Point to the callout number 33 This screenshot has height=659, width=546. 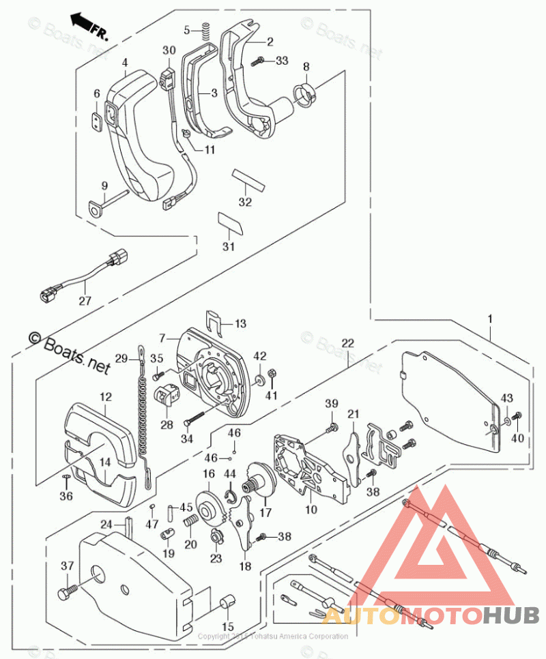tap(282, 61)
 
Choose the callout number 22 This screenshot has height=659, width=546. tap(348, 342)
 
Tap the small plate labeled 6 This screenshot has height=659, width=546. tap(98, 120)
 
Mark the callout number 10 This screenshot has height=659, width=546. tap(311, 508)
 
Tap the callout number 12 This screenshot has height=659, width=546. tap(106, 397)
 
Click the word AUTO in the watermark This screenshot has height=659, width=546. tap(362, 615)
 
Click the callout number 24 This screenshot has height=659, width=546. tap(106, 525)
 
